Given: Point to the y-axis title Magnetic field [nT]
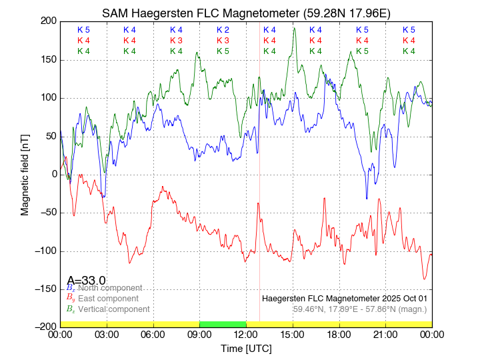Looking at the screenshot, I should (x=25, y=173).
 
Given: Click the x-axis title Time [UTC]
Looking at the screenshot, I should (x=246, y=349).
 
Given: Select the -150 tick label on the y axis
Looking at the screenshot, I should (x=44, y=289).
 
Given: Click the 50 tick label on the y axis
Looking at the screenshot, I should (x=49, y=136).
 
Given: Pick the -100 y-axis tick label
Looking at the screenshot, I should (x=44, y=251).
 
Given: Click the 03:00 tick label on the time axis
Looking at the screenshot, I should (x=107, y=335).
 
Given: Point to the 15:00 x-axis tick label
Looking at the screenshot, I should (x=293, y=335).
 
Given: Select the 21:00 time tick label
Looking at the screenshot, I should (x=385, y=335).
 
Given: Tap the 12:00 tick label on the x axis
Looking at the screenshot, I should (x=246, y=335).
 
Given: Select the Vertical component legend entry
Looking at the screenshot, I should (x=113, y=309).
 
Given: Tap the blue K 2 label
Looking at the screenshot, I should (x=223, y=30).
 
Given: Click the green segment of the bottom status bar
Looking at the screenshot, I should (x=223, y=324).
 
